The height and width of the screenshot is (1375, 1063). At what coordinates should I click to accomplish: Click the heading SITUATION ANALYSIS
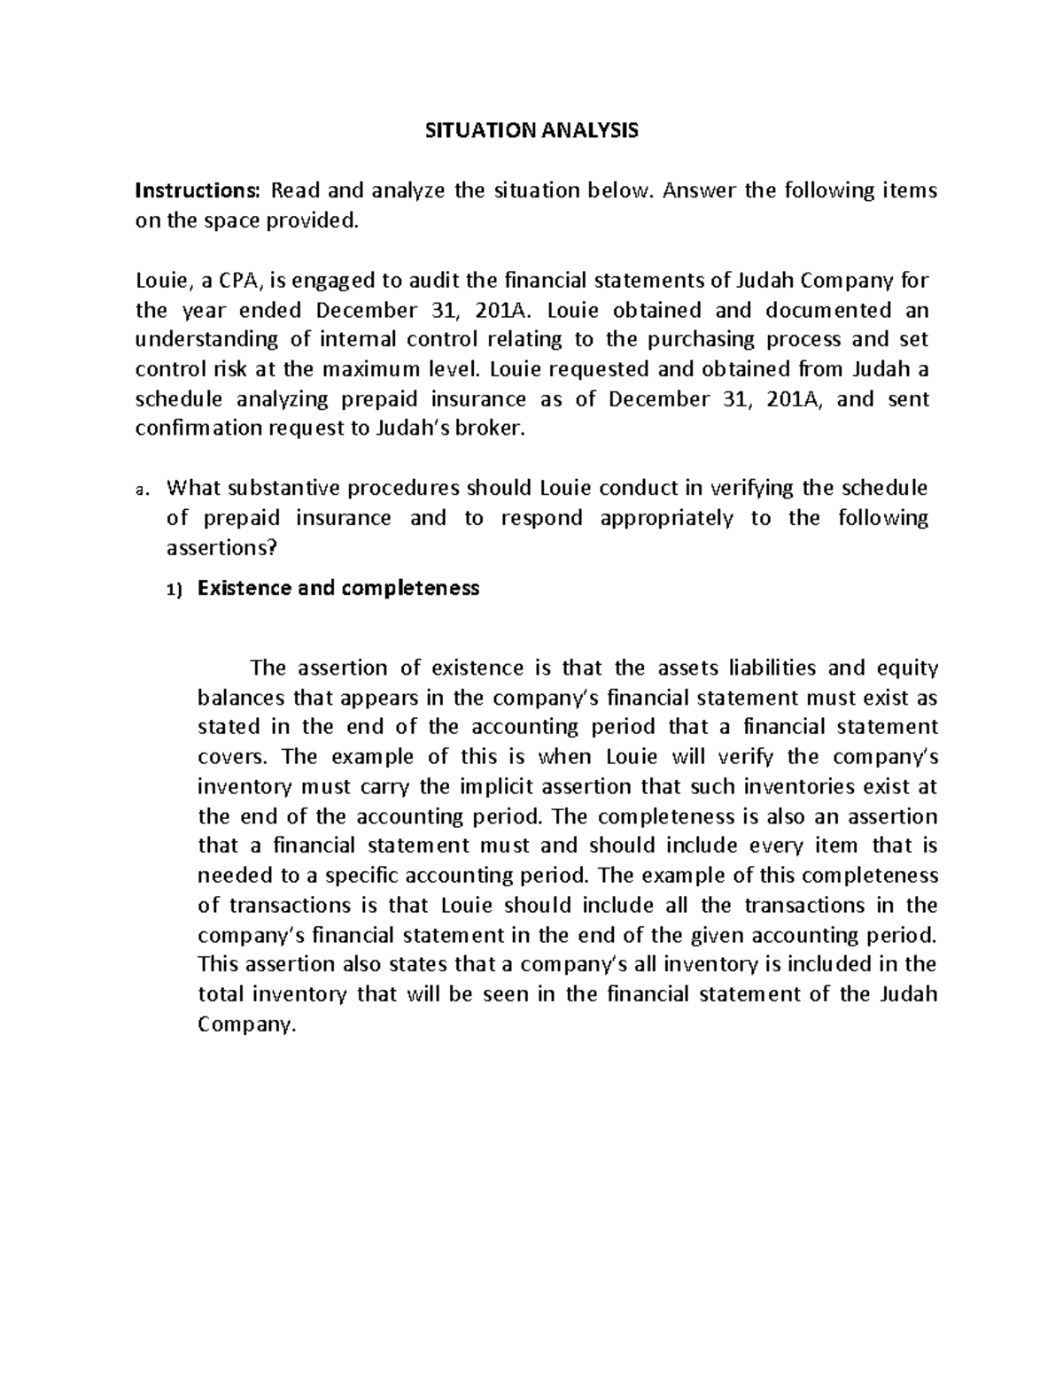[x=531, y=132]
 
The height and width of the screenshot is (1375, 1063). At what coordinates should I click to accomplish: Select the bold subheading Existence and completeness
[x=338, y=589]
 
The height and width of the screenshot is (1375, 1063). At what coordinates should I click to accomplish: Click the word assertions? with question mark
[x=221, y=548]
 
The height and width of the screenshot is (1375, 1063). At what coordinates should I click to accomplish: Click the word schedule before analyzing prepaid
[x=180, y=399]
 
